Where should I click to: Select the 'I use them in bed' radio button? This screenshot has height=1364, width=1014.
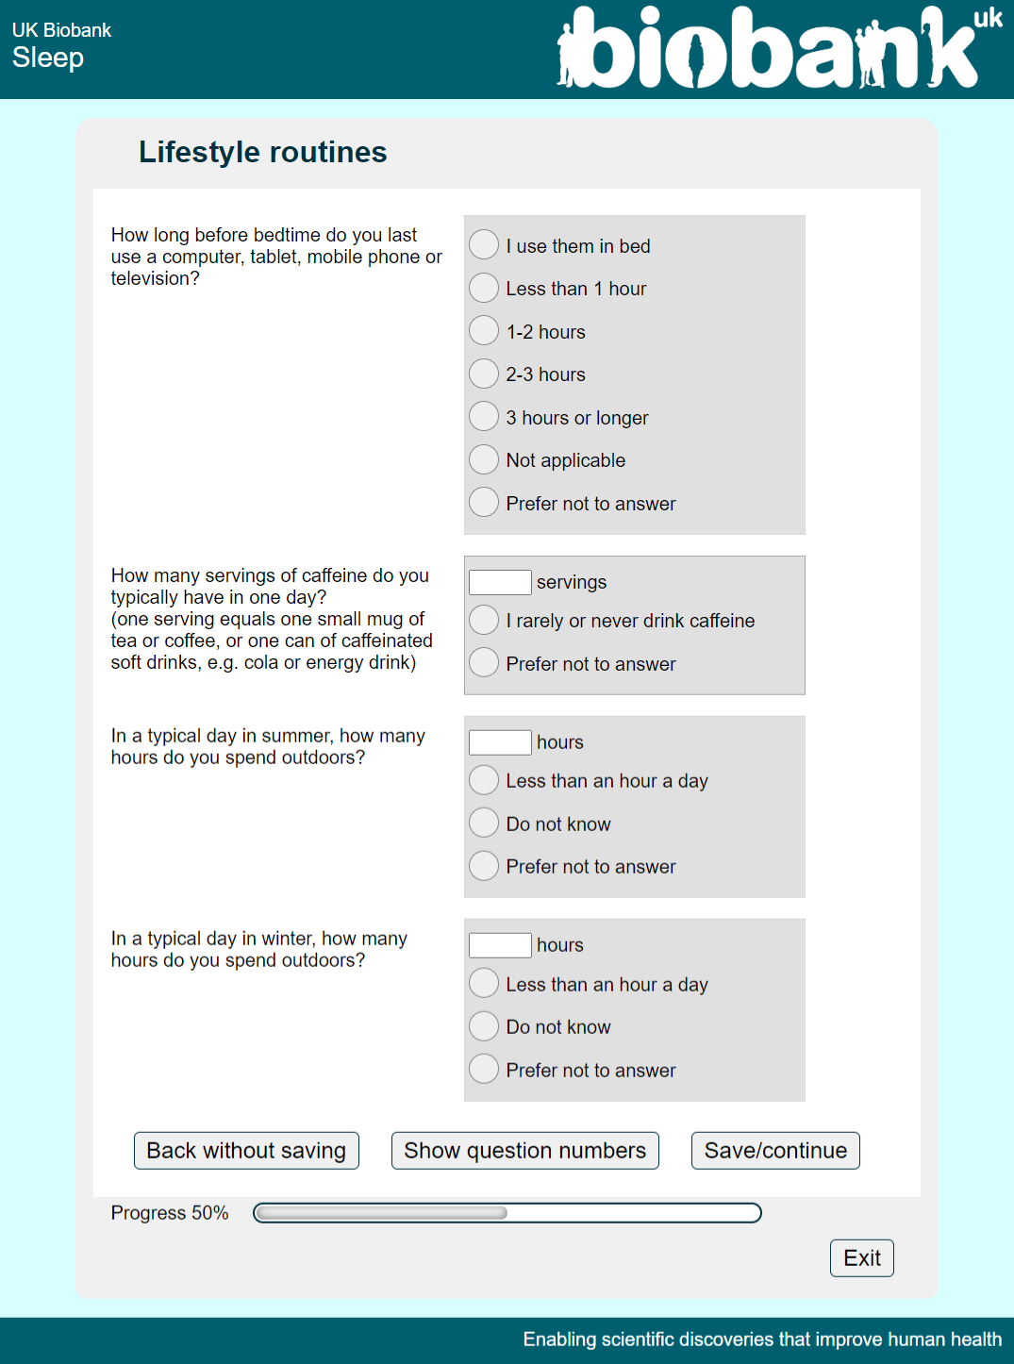pyautogui.click(x=484, y=244)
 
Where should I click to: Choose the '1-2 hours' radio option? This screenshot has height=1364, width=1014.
pyautogui.click(x=484, y=330)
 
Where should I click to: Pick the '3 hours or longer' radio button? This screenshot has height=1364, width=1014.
pyautogui.click(x=484, y=416)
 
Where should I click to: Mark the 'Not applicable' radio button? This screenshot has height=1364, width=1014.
pyautogui.click(x=484, y=459)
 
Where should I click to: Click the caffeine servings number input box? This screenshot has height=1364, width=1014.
pyautogui.click(x=500, y=582)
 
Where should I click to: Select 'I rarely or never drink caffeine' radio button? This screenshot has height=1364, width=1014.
pyautogui.click(x=484, y=620)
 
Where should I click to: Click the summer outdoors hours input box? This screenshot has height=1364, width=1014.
pyautogui.click(x=500, y=742)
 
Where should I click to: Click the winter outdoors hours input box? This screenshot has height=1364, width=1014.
pyautogui.click(x=500, y=945)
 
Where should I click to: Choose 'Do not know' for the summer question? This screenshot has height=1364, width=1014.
pyautogui.click(x=484, y=823)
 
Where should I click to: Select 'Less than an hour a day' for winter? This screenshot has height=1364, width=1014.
pyautogui.click(x=484, y=983)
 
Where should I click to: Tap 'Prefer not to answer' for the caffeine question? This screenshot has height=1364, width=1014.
pyautogui.click(x=484, y=663)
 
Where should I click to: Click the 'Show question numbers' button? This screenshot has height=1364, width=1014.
pyautogui.click(x=524, y=1151)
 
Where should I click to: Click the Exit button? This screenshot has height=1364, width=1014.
pyautogui.click(x=861, y=1258)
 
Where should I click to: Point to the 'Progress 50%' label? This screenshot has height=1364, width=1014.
pyautogui.click(x=170, y=1213)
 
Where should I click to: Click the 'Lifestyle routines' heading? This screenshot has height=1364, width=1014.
pyautogui.click(x=262, y=152)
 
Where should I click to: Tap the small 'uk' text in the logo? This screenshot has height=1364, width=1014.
pyautogui.click(x=988, y=18)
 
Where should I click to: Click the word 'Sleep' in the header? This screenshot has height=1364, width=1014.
pyautogui.click(x=48, y=58)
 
